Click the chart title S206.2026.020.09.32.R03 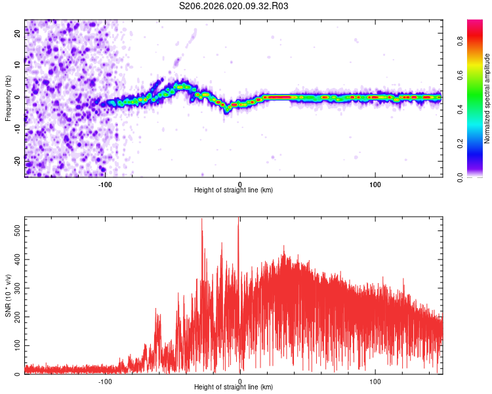click(234, 7)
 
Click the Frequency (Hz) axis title click(9, 98)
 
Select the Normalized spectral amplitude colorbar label click(487, 98)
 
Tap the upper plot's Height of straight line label click(234, 190)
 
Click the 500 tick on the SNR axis click(16, 232)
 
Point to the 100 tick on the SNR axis click(16, 345)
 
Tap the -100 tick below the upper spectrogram click(105, 184)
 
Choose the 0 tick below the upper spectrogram click(240, 184)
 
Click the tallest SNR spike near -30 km click(201, 221)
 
